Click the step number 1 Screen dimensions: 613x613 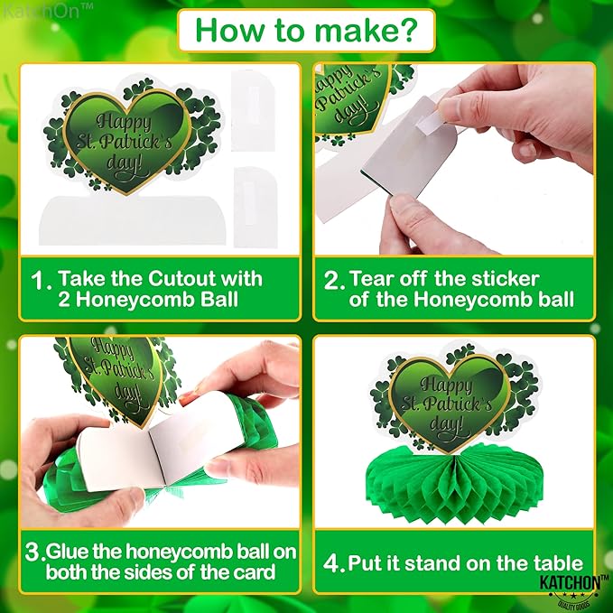(41, 280)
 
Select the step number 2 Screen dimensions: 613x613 (333, 280)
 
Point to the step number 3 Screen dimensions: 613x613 (33, 552)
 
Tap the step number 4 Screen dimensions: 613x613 (333, 563)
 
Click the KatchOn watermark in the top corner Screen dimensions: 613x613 (48, 11)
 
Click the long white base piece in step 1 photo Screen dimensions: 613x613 (132, 220)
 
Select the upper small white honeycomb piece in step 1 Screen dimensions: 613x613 (253, 111)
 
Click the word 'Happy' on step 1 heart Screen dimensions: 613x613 (124, 122)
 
